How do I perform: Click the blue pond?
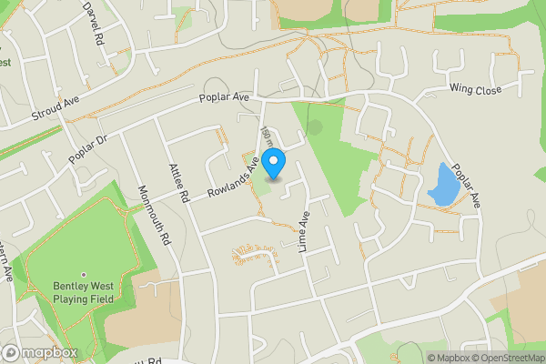442,184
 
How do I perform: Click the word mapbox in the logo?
49,353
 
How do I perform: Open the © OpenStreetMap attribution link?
511,358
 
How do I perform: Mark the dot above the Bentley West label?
84,274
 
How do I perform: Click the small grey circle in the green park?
315,128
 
